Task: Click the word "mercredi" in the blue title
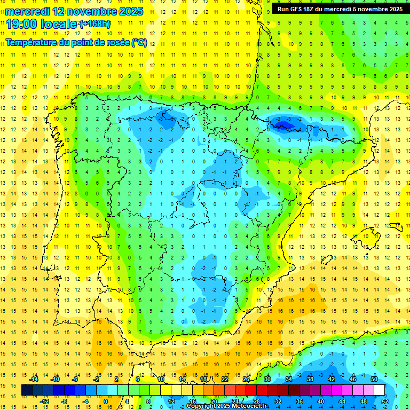(x=27, y=11)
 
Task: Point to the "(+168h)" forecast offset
(x=94, y=24)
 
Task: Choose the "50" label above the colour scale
(x=374, y=379)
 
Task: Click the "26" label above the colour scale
(x=246, y=379)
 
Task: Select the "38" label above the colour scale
(x=310, y=379)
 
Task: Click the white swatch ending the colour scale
(x=379, y=390)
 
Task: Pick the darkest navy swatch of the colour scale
(x=27, y=390)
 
